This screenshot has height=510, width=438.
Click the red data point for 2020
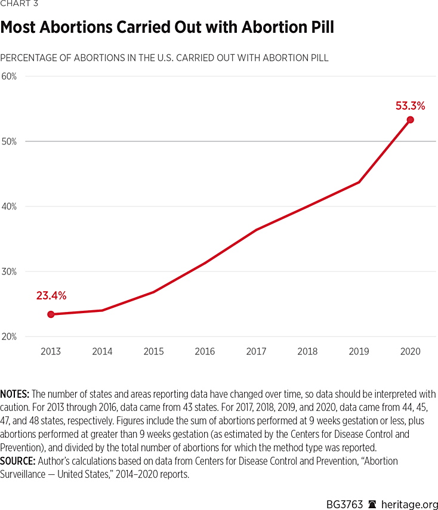[x=410, y=120]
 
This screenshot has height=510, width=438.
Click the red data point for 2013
[x=51, y=314]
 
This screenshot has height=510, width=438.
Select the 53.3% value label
[x=410, y=106]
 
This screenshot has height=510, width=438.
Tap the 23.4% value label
[x=51, y=295]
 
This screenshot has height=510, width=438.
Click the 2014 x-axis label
[x=102, y=351]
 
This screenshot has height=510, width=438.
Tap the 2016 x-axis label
[x=205, y=351]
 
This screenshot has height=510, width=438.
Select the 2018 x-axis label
[x=307, y=351]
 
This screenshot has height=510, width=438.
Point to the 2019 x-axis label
[x=359, y=351]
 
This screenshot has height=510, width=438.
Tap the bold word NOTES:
[x=15, y=394]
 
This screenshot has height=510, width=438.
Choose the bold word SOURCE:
[x=17, y=461]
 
